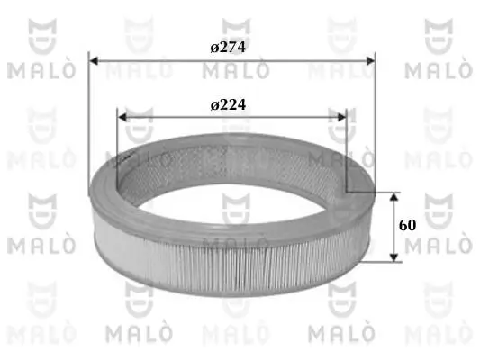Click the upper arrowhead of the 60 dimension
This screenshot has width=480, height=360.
coord(393,195)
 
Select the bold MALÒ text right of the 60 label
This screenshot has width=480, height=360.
coord(441,245)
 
